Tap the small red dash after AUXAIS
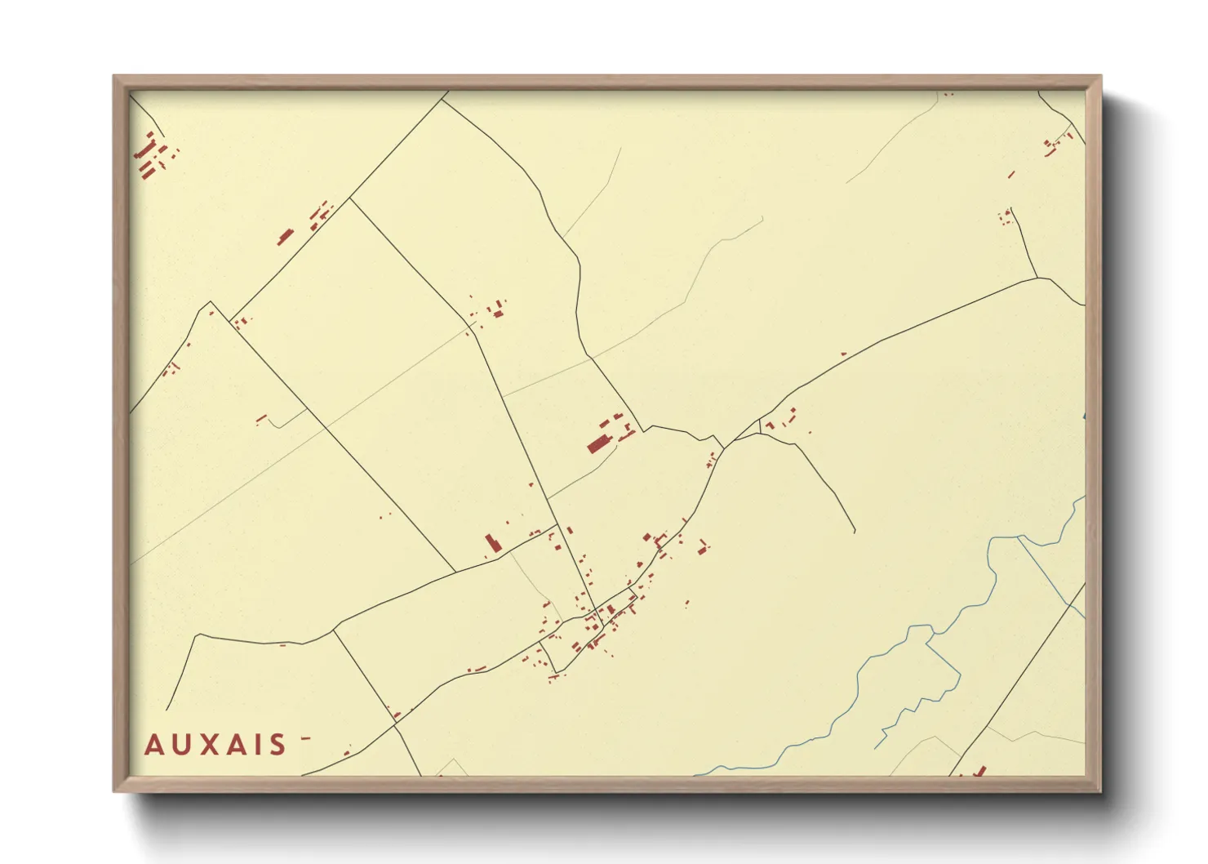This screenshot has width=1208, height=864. pos(306,738)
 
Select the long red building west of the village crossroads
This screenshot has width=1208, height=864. pos(491,542)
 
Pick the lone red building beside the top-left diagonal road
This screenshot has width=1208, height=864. pos(286,237)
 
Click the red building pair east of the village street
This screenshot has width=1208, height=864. pos(702,546)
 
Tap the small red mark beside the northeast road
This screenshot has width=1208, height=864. pos(844,354)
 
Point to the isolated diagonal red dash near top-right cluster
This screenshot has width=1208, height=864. pos(1010,174)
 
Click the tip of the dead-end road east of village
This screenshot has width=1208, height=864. pos(855,532)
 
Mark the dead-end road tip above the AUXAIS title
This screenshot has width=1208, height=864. pos(167,709)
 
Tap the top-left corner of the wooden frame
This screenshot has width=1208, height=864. pos(114,77)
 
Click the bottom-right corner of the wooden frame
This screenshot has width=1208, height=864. pos(1100,791)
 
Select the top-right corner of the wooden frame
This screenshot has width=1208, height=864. pos(1100,77)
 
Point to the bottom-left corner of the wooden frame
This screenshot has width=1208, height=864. pos(114,791)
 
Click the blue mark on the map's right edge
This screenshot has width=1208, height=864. pos(1084,417)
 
